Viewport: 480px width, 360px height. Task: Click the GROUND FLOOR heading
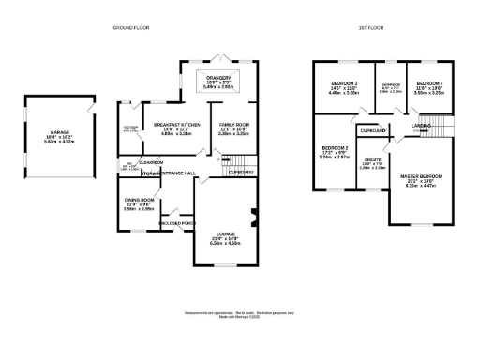coord(130,29)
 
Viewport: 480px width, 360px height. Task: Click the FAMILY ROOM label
coord(232,124)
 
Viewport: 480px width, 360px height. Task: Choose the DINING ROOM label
coord(139,199)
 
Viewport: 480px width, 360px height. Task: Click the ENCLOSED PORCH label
coord(177,223)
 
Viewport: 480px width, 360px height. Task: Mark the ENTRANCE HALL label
coord(205,174)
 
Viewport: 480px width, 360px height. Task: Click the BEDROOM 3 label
coord(344,84)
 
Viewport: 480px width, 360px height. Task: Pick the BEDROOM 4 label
coord(430,84)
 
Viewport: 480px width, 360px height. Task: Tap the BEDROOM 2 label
coord(335,148)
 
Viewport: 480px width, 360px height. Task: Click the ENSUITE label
coord(372,159)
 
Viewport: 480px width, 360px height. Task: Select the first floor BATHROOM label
coord(390,85)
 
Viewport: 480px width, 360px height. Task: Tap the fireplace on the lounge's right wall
coord(252,222)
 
